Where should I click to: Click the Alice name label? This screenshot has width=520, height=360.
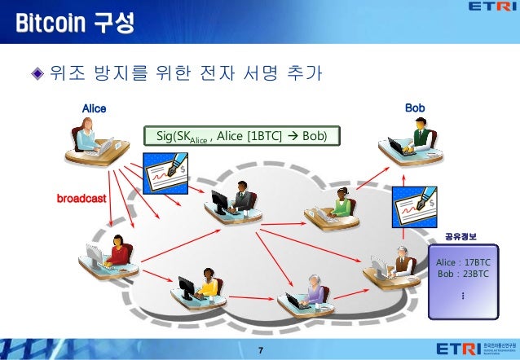tap(95, 108)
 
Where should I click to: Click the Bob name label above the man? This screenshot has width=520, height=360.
tap(414, 108)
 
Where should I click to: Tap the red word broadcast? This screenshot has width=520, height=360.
tap(81, 198)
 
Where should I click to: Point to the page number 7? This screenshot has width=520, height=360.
tap(260, 349)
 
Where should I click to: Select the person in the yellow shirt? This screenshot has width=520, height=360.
tap(204, 282)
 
